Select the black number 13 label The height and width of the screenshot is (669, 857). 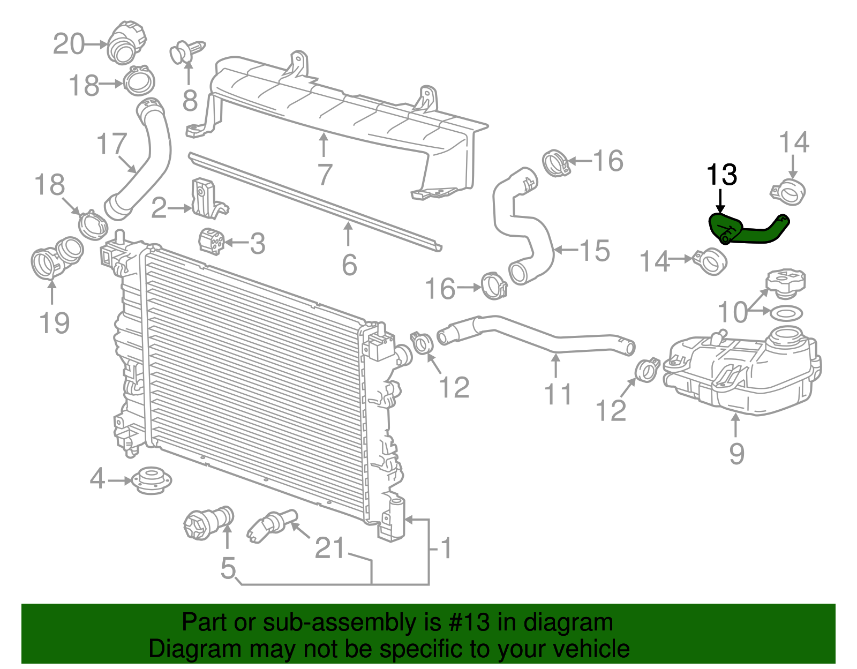tap(721, 175)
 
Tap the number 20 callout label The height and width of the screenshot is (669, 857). tap(69, 44)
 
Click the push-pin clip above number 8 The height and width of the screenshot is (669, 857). tap(187, 51)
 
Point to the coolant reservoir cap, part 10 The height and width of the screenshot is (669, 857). tap(785, 283)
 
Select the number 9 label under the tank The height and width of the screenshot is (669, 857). tap(736, 453)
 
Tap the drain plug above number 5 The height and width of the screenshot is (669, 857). tap(209, 522)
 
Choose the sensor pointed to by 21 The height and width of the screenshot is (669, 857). tap(270, 524)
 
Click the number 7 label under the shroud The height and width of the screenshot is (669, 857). tap(325, 174)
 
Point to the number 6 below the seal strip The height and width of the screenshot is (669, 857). tap(349, 265)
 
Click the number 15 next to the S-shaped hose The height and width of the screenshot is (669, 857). tap(595, 250)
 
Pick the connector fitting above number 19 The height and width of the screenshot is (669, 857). tap(56, 256)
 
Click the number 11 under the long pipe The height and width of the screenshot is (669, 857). tap(558, 394)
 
